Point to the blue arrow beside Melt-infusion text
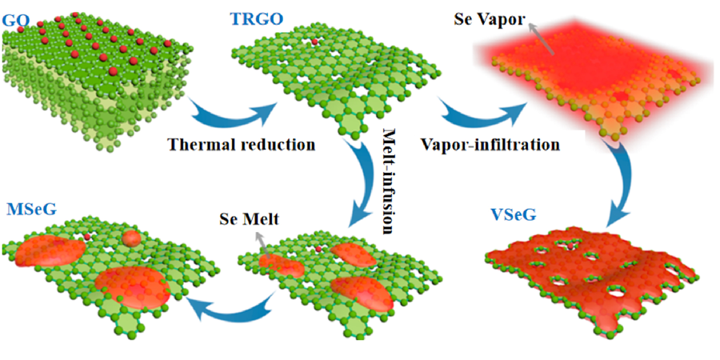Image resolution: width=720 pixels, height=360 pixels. (x=357, y=181)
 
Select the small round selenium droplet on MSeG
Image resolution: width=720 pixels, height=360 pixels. (x=132, y=238)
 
